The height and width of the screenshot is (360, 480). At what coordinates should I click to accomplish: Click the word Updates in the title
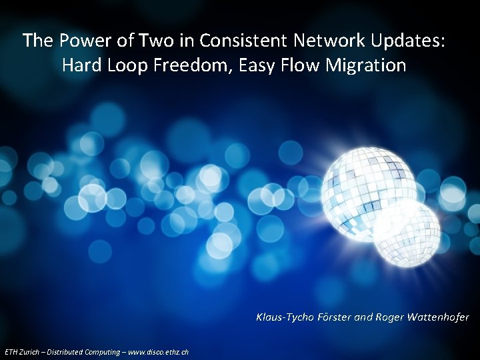coord(405,41)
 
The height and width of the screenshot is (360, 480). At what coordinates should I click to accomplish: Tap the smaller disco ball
coord(407,233)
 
